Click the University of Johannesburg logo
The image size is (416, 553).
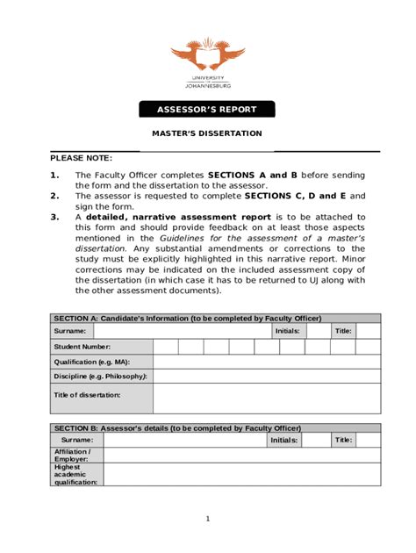coord(208,62)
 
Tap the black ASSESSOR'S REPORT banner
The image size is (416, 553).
coord(207,110)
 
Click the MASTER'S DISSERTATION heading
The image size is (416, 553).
coord(207,133)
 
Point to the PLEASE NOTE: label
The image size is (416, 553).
coord(81,158)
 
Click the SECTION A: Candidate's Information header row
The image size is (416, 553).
coord(215,318)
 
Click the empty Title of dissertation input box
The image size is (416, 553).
coord(267,398)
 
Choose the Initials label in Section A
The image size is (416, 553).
coord(287,331)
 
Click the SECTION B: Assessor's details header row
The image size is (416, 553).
coord(215,427)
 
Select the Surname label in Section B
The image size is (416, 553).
coord(77,440)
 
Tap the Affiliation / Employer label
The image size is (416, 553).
coord(72,455)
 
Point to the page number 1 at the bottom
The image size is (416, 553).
coord(208,519)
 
